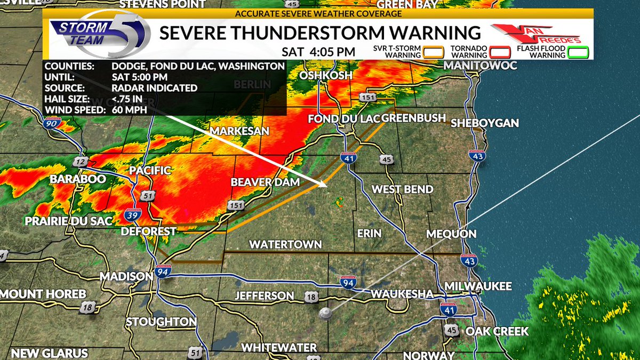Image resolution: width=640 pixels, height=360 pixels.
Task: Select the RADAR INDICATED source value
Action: point(154,89)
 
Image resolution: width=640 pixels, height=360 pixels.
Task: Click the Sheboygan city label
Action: point(484,123)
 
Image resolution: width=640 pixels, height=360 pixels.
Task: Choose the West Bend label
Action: point(402,189)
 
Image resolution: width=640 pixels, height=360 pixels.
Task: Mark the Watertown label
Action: point(286,244)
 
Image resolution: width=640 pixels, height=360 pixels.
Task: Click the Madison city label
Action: point(126,276)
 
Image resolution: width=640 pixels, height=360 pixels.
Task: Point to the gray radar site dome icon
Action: point(324,315)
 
